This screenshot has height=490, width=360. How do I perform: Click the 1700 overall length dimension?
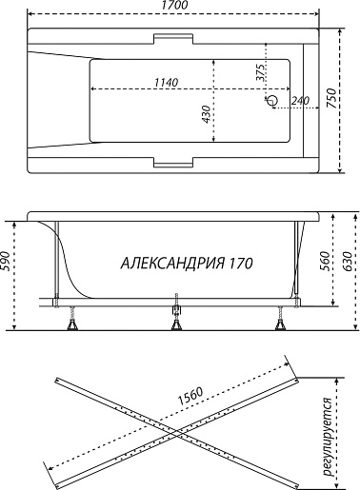pyautogui.click(x=174, y=5)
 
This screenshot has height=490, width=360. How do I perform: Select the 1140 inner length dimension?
pyautogui.click(x=167, y=82)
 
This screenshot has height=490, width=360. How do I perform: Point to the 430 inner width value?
pyautogui.click(x=206, y=114)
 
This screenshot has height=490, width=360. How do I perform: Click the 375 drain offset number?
pyautogui.click(x=260, y=73)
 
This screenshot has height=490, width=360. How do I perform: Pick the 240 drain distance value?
pyautogui.click(x=300, y=101)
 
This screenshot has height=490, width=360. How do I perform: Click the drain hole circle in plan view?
pyautogui.click(x=271, y=101)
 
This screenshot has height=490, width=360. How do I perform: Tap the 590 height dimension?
pyautogui.click(x=5, y=261)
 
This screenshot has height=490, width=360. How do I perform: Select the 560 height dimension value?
pyautogui.click(x=324, y=261)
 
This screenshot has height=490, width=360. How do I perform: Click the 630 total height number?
pyautogui.click(x=348, y=261)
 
